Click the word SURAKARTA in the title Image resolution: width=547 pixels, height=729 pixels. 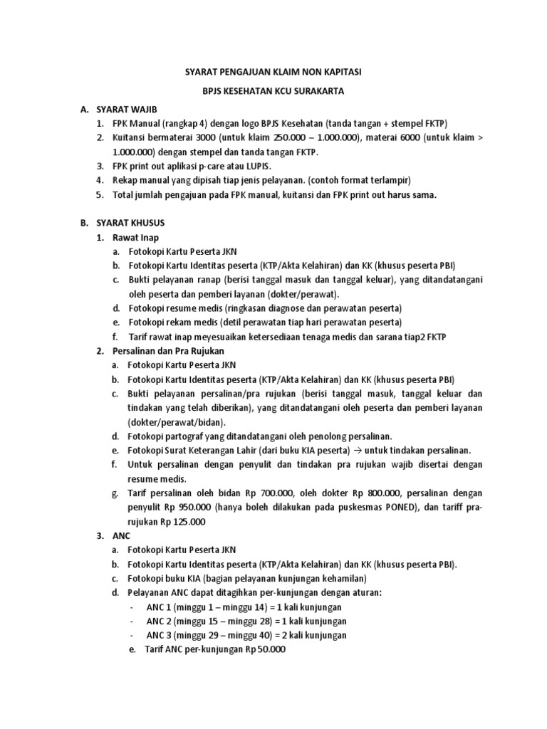coord(343,91)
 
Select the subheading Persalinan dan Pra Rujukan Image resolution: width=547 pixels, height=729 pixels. coord(169,351)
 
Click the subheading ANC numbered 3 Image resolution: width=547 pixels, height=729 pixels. coord(121,535)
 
